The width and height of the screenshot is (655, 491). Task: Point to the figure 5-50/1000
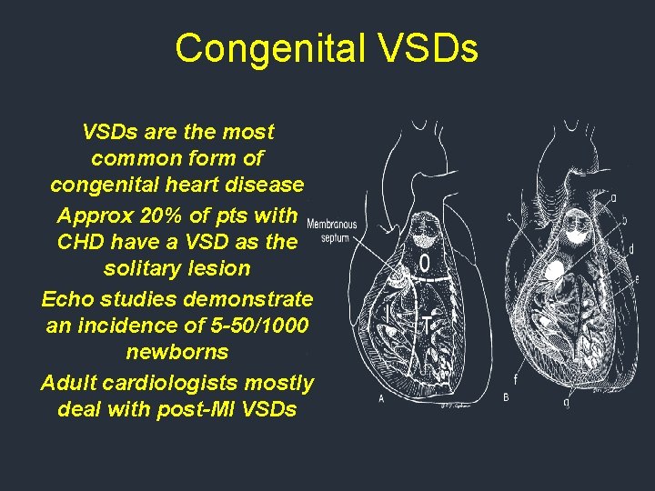240,326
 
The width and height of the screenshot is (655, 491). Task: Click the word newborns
177,352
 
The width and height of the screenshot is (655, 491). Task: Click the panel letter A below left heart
381,399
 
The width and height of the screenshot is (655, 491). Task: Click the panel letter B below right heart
506,397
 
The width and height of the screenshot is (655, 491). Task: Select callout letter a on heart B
613,195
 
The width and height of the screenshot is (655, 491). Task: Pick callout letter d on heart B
630,248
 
